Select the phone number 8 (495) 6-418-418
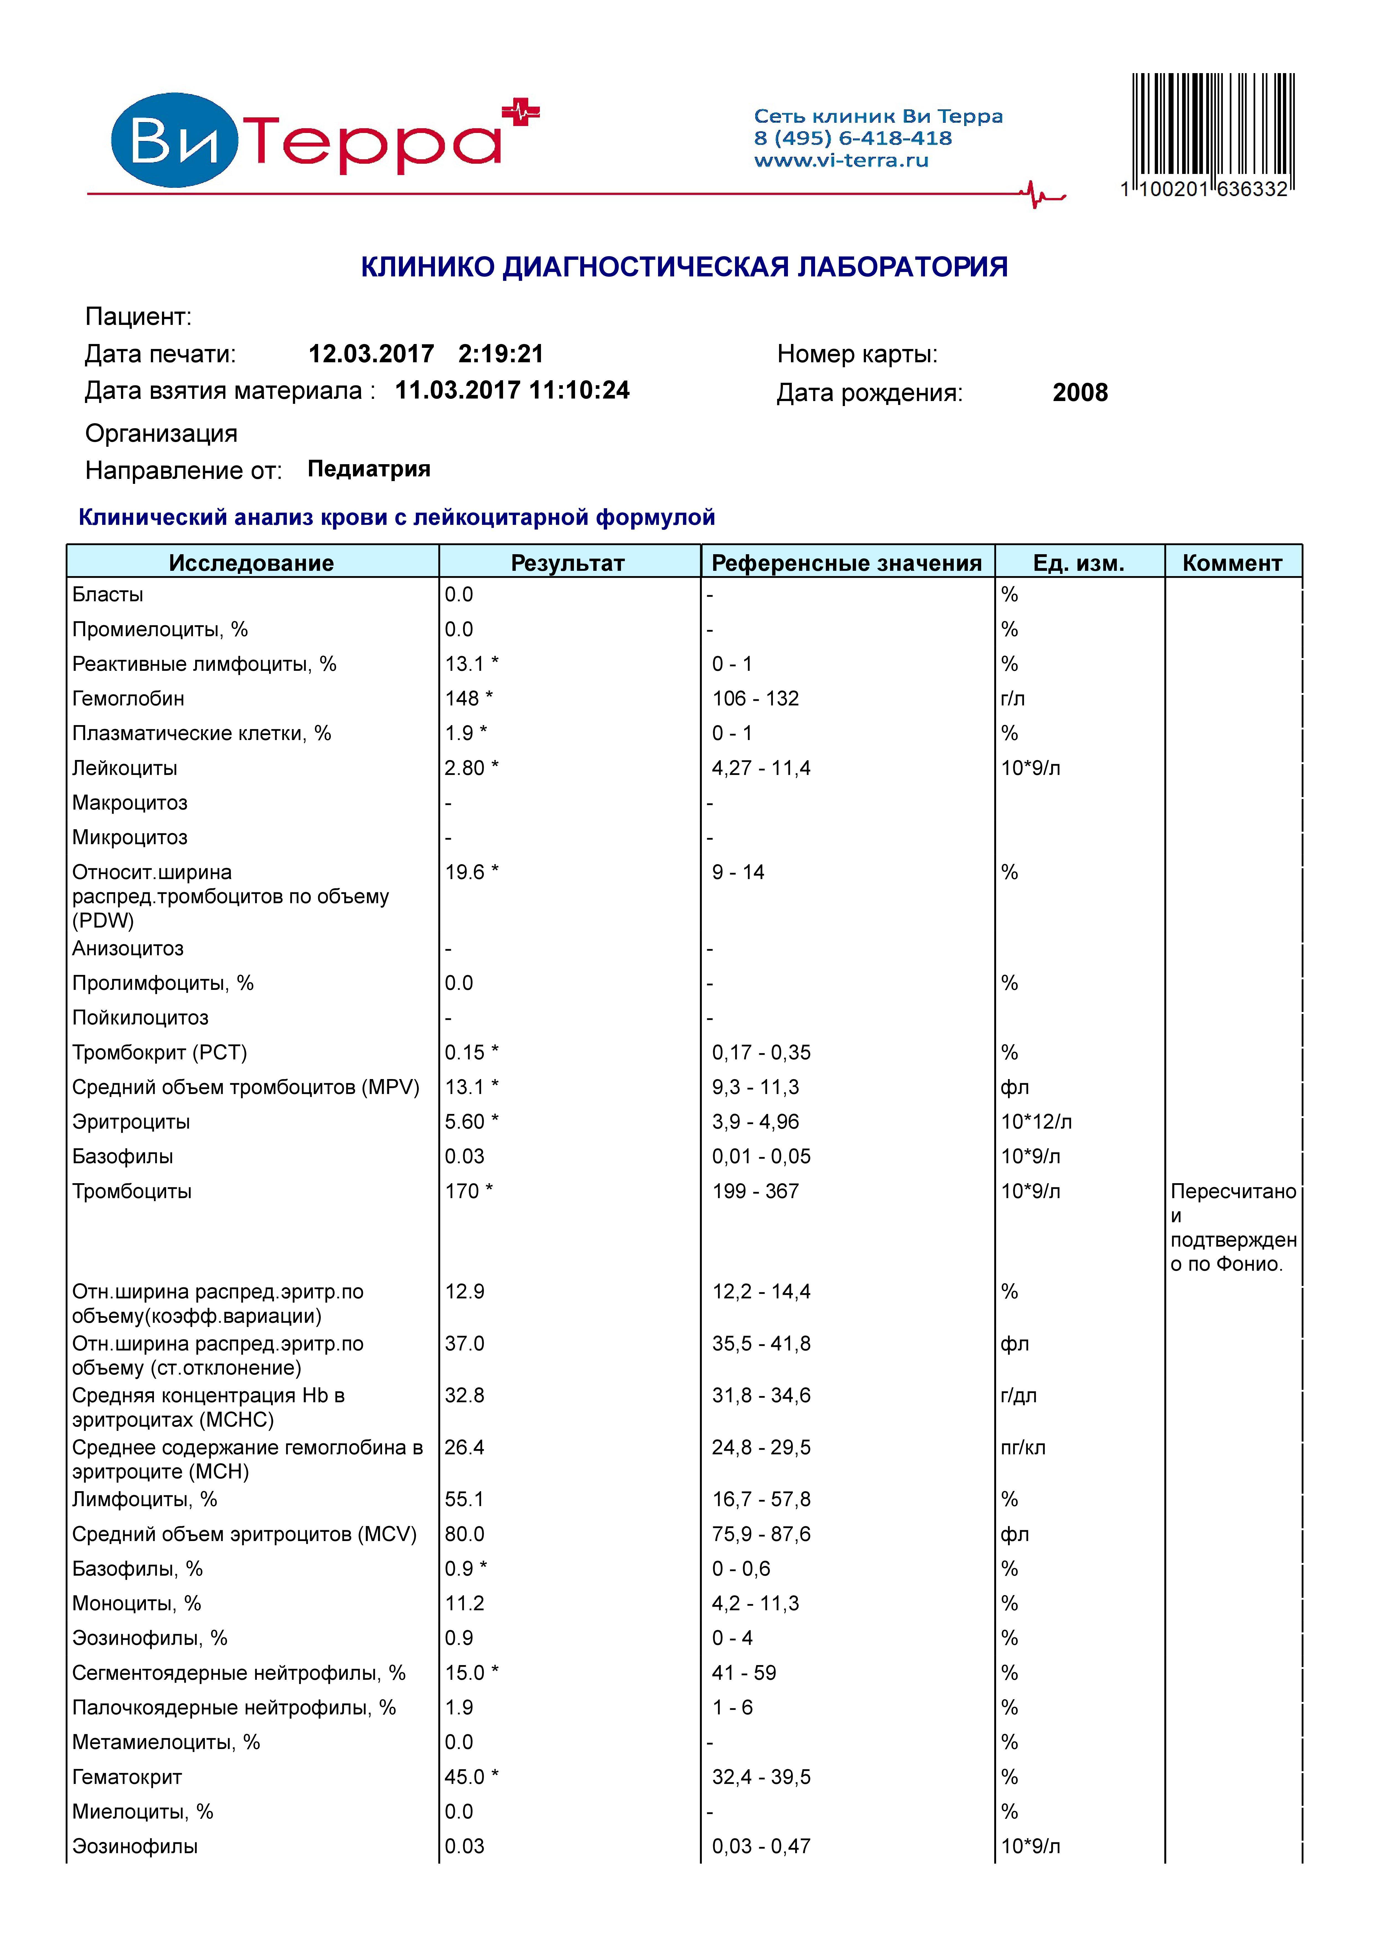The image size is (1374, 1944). point(852,138)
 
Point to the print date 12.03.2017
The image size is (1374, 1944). point(371,354)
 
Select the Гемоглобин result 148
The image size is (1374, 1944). point(462,698)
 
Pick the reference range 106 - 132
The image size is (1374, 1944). point(755,698)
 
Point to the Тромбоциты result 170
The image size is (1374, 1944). point(462,1191)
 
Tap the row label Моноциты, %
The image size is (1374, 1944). point(136,1604)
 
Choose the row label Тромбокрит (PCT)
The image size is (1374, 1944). point(159,1052)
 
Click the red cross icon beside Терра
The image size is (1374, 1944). point(521,112)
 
